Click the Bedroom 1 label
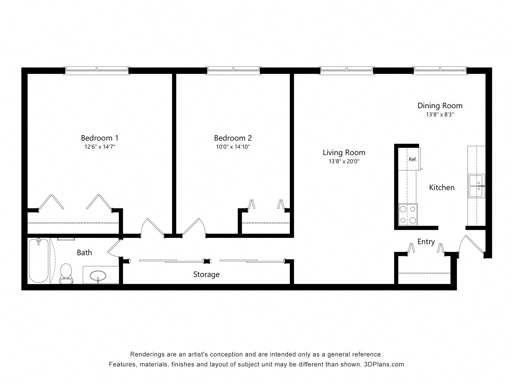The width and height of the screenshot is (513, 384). [99, 138]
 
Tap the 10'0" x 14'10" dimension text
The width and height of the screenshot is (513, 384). [233, 147]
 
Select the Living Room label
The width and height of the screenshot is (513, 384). [344, 153]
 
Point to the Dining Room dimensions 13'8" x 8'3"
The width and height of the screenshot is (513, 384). [440, 115]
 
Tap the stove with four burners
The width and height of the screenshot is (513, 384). [408, 215]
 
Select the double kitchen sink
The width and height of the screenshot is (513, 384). [477, 186]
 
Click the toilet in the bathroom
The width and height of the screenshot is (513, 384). [66, 274]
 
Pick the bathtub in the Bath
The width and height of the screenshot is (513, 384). [39, 261]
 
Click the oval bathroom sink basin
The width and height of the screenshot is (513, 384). [98, 275]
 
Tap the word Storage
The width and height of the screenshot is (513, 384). [206, 274]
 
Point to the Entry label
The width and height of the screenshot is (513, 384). [426, 242]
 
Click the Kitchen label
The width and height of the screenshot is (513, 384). [442, 187]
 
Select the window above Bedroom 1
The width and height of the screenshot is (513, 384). [97, 70]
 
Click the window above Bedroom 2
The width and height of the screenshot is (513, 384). [234, 70]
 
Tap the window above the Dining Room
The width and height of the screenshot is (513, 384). [440, 70]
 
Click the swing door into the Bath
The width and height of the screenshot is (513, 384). [113, 247]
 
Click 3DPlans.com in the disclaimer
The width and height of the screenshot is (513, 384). [384, 364]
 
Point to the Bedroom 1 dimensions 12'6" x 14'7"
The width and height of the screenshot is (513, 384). [100, 147]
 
